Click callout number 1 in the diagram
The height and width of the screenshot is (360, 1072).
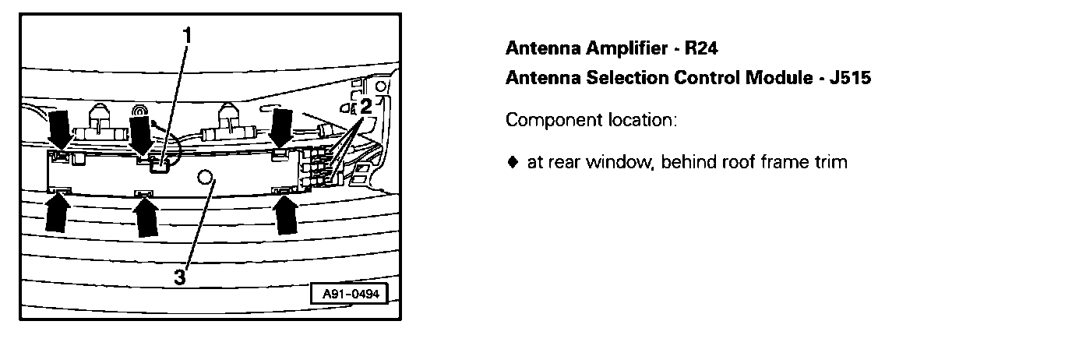[x=187, y=35]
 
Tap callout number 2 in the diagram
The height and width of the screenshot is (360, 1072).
[x=365, y=107]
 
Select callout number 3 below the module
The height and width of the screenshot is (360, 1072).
[x=180, y=277]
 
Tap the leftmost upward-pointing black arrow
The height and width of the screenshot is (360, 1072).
[x=57, y=212]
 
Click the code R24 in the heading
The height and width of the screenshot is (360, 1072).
[x=701, y=48]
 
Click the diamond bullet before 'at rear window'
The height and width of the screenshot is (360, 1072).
[x=512, y=163]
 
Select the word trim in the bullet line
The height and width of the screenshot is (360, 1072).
[x=830, y=163]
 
